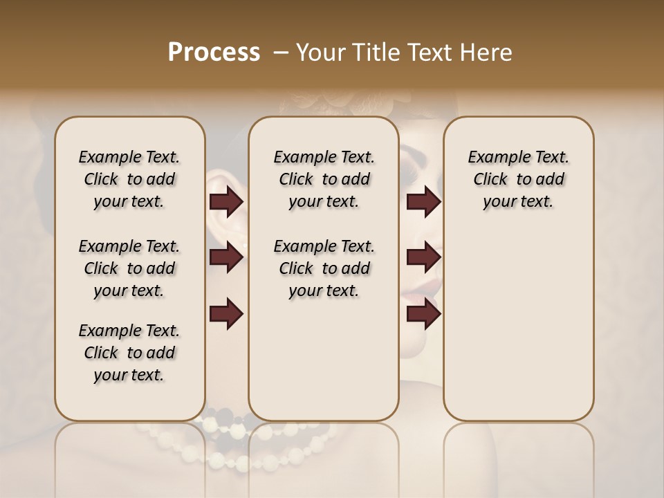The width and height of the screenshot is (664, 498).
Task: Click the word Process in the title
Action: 213,53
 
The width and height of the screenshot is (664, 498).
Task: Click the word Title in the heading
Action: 378,53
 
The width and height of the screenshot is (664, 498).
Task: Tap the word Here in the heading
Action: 488,53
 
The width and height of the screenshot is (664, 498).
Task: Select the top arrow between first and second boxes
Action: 226,202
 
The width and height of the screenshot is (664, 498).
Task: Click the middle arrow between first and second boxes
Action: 226,258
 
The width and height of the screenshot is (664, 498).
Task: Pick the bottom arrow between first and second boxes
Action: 226,314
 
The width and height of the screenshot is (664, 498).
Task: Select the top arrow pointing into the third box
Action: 423,202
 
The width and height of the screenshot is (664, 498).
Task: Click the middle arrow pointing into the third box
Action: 423,258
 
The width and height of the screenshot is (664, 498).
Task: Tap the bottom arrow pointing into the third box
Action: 423,314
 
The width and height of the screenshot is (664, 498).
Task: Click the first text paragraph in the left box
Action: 129,180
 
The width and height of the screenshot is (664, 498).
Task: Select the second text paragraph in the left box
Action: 129,268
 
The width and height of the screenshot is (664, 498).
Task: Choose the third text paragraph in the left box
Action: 129,353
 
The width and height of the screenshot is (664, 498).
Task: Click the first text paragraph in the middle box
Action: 324,180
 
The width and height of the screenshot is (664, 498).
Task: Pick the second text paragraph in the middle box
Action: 324,268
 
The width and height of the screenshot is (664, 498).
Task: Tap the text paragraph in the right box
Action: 518,180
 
